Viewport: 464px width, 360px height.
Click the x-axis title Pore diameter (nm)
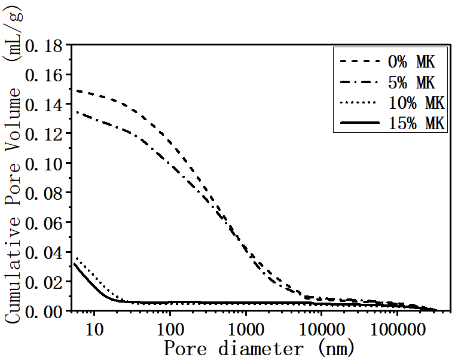[259, 348]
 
